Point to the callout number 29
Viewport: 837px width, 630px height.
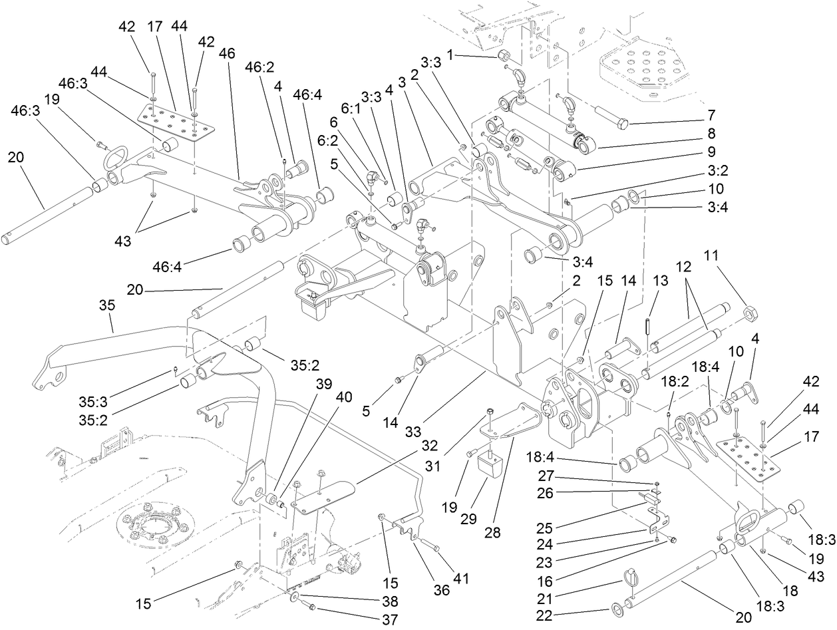[469, 519]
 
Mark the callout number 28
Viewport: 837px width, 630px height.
[512, 533]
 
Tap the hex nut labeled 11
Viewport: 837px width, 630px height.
[749, 312]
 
